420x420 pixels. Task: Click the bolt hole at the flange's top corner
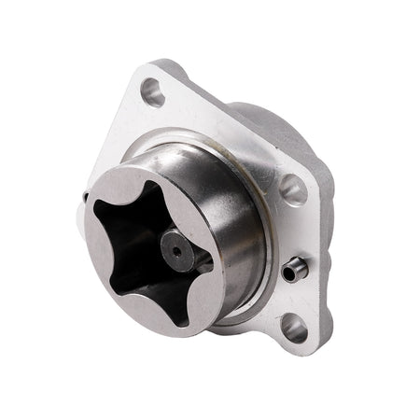click(x=153, y=91)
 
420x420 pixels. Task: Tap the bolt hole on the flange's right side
click(x=292, y=189)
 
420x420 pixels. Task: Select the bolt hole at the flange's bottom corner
click(x=293, y=326)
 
